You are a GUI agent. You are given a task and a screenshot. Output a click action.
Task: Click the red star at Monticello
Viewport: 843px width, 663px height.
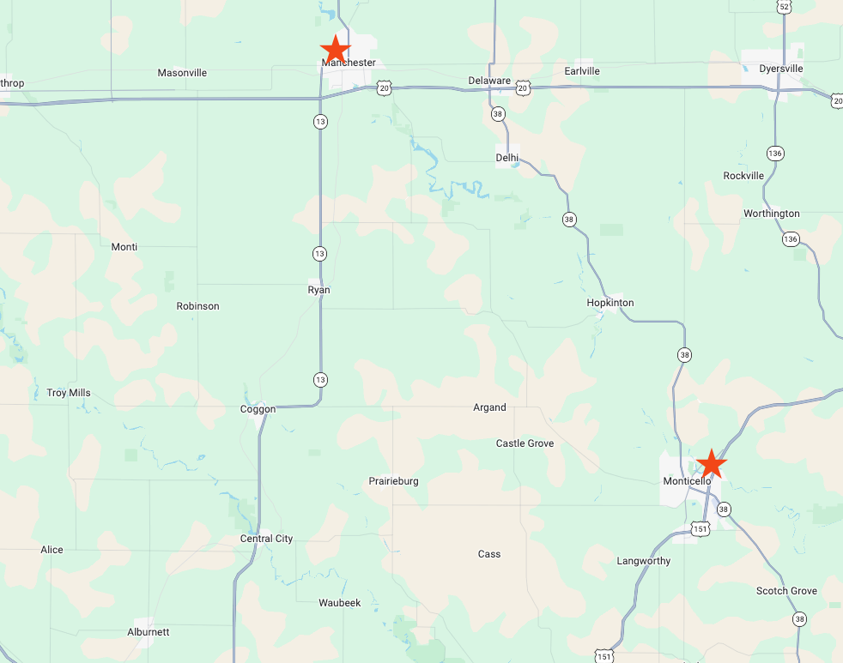(x=711, y=463)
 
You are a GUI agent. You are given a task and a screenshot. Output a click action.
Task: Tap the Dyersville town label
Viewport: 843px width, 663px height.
(x=780, y=69)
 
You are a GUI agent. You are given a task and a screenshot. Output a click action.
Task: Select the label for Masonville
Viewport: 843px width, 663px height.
(x=182, y=73)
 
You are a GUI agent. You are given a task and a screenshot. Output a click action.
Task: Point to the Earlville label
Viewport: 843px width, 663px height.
(x=582, y=71)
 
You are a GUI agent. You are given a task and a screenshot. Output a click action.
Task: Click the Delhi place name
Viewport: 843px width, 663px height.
(x=507, y=158)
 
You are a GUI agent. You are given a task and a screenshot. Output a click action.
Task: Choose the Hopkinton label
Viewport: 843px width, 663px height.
(x=610, y=303)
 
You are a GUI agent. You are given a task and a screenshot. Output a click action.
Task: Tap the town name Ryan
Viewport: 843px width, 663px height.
(x=318, y=290)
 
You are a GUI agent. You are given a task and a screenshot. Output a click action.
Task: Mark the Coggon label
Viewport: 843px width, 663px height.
(x=258, y=409)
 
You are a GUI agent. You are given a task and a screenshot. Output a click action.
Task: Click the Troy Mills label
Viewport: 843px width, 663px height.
(x=69, y=394)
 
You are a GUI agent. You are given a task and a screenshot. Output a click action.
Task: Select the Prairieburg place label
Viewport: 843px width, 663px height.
(x=393, y=481)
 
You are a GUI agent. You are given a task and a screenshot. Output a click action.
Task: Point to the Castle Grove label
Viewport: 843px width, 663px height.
(x=525, y=443)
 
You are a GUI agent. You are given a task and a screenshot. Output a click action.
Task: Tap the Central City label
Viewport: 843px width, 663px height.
(x=266, y=539)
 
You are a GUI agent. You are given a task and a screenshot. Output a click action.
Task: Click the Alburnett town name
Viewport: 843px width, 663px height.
(x=149, y=632)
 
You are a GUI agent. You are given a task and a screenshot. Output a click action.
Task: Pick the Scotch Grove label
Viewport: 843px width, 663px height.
(x=786, y=591)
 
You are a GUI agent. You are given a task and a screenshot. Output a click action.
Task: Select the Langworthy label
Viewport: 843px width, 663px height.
(x=644, y=561)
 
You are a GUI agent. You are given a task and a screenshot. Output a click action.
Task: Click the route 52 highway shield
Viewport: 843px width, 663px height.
(x=783, y=7)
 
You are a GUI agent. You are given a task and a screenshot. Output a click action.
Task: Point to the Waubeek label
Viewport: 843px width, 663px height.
(x=340, y=603)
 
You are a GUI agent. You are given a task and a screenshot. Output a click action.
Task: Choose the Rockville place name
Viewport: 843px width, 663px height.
(x=743, y=176)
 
